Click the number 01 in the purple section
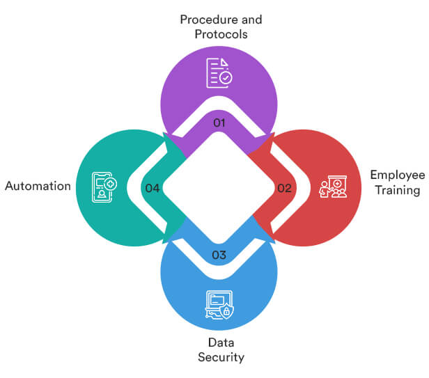click(219, 123)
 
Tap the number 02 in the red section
click(284, 188)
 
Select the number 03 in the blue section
click(219, 255)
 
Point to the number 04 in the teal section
click(151, 188)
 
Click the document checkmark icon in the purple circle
click(219, 73)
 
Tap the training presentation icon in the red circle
click(333, 188)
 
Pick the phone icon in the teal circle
click(104, 188)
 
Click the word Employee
click(398, 175)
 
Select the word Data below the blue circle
click(219, 342)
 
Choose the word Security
click(219, 357)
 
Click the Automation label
click(38, 187)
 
